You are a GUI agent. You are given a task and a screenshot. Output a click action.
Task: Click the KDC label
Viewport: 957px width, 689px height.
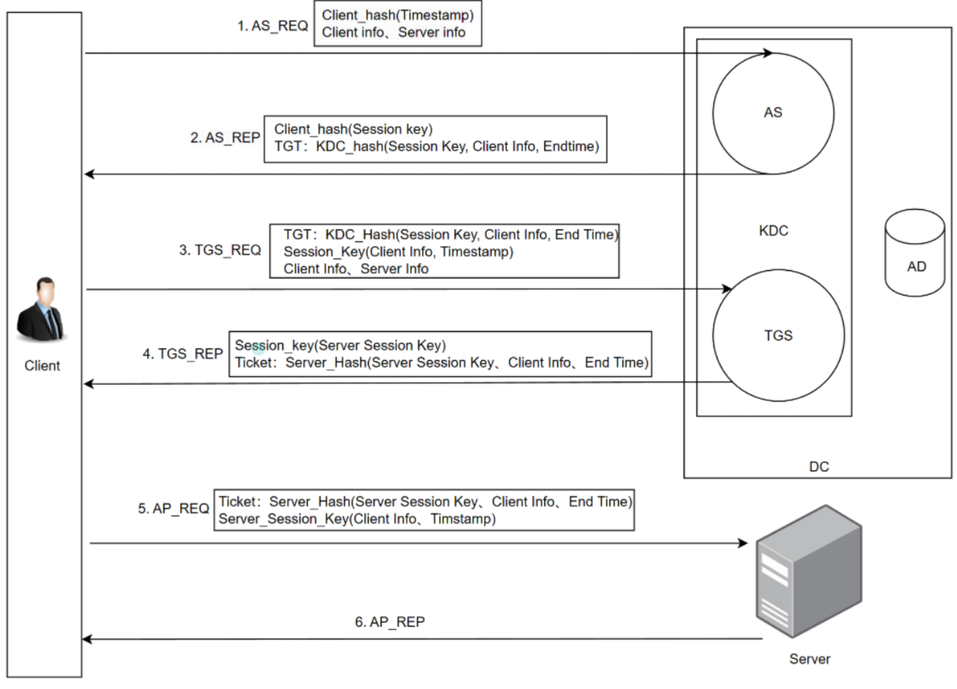[x=773, y=231]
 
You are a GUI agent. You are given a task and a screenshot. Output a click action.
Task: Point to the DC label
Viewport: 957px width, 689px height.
[x=819, y=467]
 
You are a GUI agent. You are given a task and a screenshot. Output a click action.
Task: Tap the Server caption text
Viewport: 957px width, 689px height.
[x=809, y=659]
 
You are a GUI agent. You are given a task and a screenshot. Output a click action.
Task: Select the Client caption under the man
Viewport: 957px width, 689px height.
[x=42, y=366]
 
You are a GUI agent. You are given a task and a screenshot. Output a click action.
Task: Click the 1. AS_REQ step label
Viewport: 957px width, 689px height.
[x=272, y=26]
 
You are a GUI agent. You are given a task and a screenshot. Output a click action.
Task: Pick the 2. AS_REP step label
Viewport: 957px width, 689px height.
[x=225, y=138]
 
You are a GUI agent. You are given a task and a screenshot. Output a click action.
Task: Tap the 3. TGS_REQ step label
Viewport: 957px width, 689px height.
[x=220, y=250]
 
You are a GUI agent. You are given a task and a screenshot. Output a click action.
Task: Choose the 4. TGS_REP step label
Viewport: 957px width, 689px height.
[x=183, y=354]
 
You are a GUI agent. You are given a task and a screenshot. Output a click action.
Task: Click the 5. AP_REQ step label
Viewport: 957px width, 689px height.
[x=173, y=508]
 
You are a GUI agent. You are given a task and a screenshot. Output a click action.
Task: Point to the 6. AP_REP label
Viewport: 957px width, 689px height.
[x=390, y=622]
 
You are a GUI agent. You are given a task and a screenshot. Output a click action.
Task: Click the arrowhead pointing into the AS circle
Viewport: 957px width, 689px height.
[x=768, y=53]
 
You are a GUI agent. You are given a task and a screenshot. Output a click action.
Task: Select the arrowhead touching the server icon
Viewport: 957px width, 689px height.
[x=743, y=543]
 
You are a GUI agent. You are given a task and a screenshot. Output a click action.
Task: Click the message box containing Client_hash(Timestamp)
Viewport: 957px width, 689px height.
[x=398, y=24]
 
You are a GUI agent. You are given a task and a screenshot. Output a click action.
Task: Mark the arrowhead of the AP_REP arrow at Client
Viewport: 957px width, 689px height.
[x=87, y=639]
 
